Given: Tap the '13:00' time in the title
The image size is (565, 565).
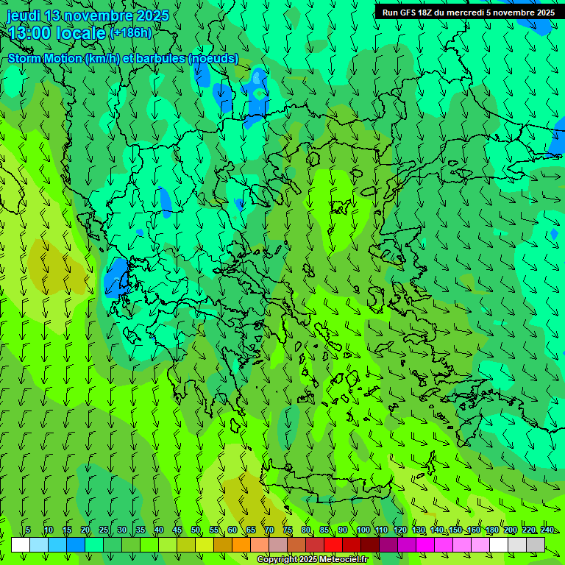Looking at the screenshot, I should click(29, 33).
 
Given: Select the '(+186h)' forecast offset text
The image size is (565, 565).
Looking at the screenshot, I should click(130, 32).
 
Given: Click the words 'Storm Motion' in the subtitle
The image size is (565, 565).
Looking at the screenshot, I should click(45, 59).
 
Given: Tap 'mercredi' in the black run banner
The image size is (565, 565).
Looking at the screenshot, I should click(466, 13).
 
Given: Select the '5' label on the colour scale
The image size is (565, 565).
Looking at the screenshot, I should click(28, 530).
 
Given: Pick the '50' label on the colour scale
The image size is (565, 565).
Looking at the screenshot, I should click(196, 530).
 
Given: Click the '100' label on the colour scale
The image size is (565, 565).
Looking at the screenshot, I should click(363, 530).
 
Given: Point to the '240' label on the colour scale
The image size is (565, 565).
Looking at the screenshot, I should click(547, 530).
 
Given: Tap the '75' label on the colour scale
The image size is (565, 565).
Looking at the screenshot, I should click(288, 530).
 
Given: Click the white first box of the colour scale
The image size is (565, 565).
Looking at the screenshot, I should click(21, 544).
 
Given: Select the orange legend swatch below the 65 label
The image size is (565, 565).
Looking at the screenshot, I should click(241, 544).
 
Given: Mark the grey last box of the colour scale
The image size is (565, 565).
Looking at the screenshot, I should click(536, 544).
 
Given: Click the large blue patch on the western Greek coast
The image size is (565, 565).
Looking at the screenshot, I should click(116, 277).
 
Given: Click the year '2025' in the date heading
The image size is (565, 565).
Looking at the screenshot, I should click(153, 16).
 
